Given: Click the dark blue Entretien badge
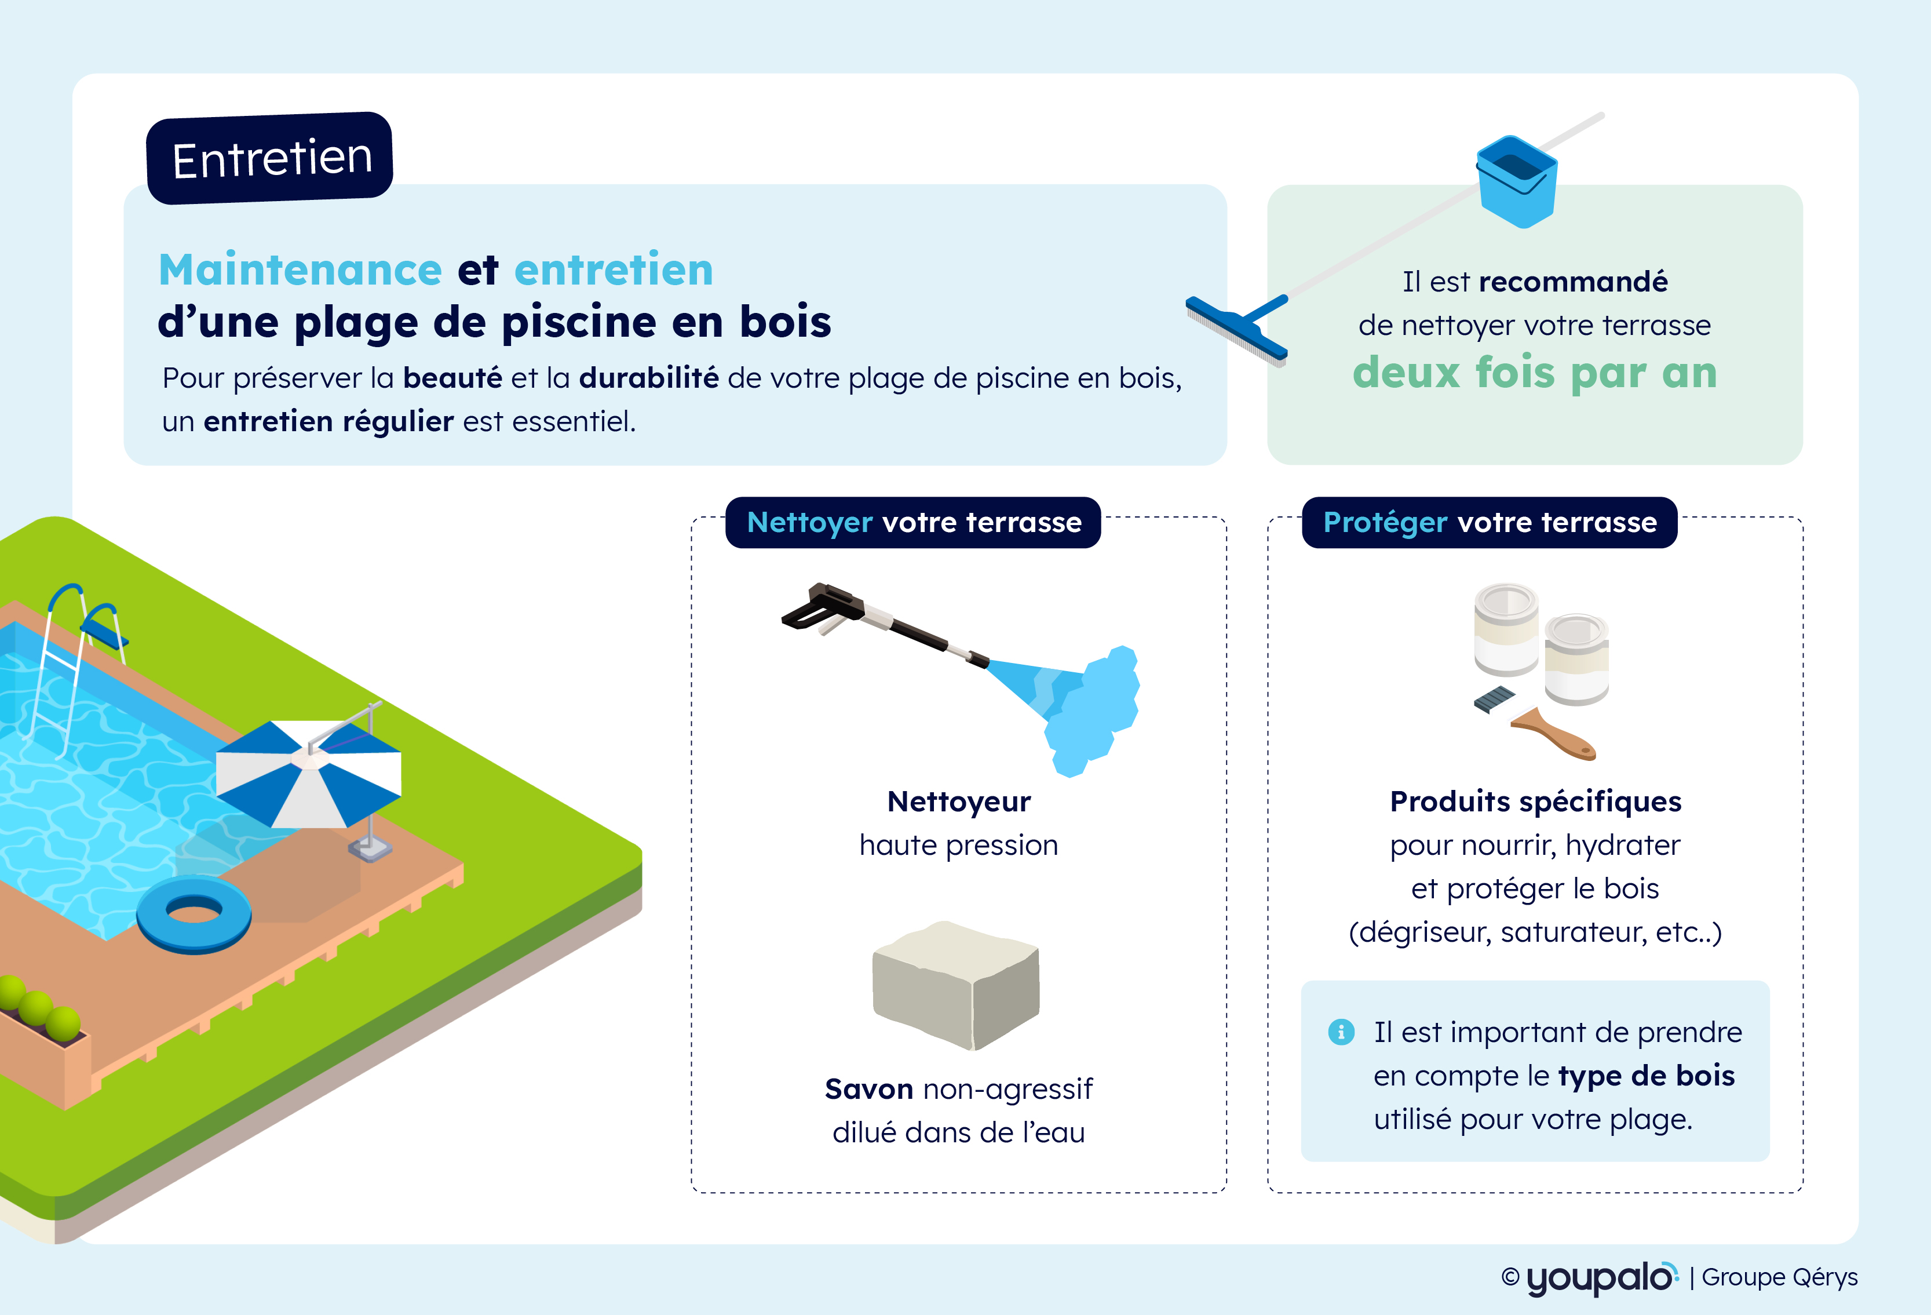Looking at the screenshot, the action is [269, 158].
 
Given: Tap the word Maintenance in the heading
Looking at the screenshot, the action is [300, 269].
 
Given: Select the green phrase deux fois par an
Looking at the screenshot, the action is [1535, 373].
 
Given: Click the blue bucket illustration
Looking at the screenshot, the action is [1516, 181].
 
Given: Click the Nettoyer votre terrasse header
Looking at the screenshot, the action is [913, 522].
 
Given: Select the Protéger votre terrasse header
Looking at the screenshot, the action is [1489, 522].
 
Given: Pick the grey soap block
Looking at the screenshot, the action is [955, 985].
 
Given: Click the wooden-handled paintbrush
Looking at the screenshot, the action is [1535, 723].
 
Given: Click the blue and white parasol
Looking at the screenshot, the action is [309, 773].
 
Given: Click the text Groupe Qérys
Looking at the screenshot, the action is [1780, 1277].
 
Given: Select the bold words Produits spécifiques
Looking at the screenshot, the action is [1535, 802].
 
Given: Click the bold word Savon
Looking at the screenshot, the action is [868, 1089].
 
